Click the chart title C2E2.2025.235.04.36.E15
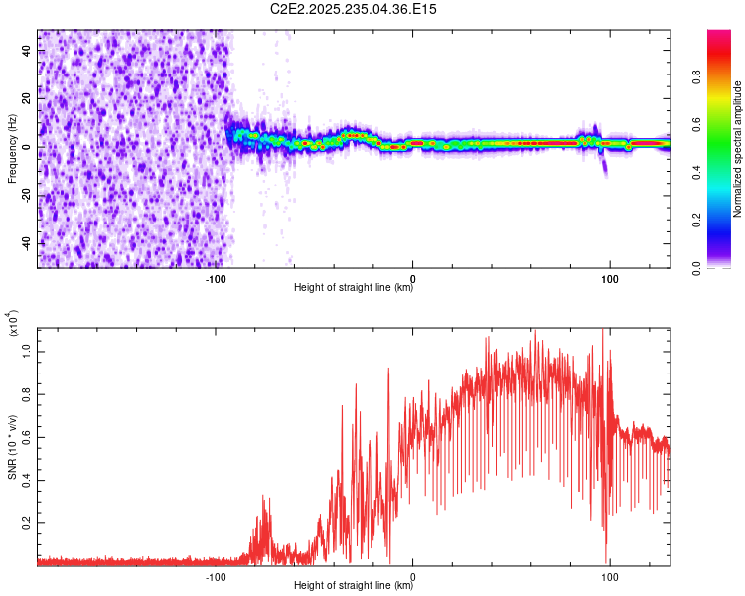click(355, 9)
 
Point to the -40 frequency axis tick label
click(27, 243)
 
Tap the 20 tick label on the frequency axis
click(27, 99)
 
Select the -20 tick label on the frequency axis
click(27, 196)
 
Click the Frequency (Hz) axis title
click(12, 149)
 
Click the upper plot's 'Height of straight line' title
click(354, 288)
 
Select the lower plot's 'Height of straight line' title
click(354, 585)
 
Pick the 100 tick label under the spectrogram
click(609, 278)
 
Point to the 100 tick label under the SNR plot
click(609, 575)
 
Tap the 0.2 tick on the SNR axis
click(28, 521)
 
